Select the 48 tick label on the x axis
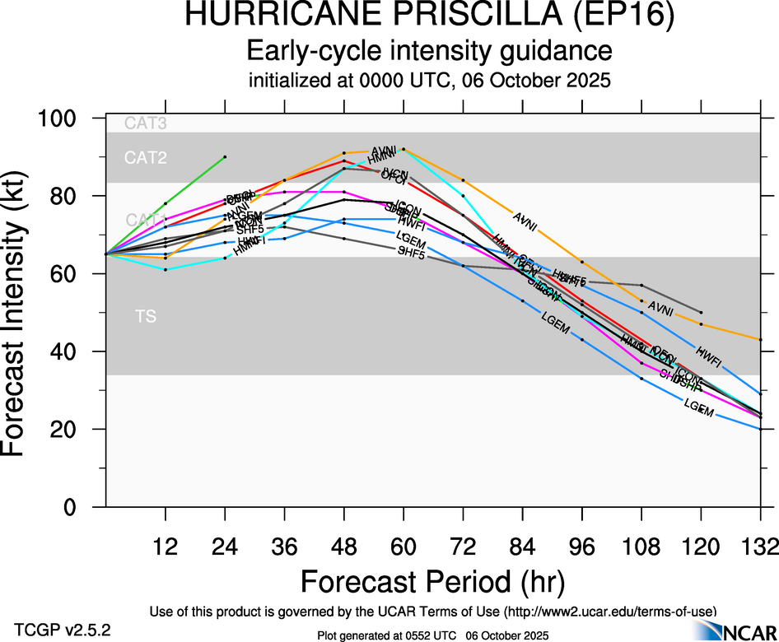(344, 547)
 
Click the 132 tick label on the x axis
(759, 547)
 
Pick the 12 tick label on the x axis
(166, 547)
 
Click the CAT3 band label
(146, 124)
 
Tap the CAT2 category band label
(146, 158)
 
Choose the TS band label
(146, 316)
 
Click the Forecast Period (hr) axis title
(432, 581)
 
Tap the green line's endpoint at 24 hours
(225, 156)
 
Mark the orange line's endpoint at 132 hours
(760, 339)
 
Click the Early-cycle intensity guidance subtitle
(429, 51)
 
